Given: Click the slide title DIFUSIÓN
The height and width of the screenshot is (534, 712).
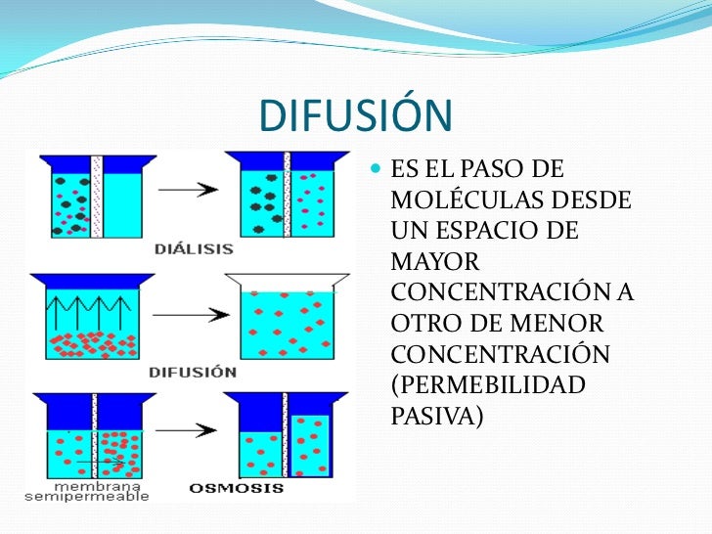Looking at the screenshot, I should click(x=356, y=117).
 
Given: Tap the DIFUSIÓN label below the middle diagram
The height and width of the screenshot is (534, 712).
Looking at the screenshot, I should click(x=193, y=372).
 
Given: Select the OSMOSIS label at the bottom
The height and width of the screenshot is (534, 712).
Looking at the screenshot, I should click(x=236, y=488).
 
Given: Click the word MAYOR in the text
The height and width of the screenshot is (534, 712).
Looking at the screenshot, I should click(x=435, y=262).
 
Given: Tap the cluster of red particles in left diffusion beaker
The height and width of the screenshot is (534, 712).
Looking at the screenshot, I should click(x=88, y=342).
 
